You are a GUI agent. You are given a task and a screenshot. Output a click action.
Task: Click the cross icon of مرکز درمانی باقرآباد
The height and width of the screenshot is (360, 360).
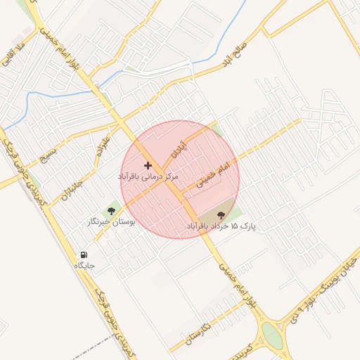[x=147, y=165]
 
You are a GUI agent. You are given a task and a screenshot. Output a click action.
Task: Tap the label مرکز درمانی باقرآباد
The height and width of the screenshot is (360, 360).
[x=148, y=176]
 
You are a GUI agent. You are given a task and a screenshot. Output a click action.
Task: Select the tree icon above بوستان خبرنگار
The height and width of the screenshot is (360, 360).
[x=110, y=210]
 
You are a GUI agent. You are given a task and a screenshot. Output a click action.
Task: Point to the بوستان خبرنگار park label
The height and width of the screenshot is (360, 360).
[x=110, y=221]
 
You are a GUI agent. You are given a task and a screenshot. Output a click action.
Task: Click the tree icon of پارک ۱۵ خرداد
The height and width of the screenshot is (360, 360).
[x=221, y=215]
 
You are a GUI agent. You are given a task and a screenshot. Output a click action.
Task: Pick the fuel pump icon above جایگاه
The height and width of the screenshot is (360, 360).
[x=84, y=255]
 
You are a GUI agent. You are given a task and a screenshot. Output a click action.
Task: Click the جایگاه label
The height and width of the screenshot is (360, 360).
[x=84, y=266]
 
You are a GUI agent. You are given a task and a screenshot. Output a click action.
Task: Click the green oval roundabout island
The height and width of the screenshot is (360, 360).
[x=271, y=335]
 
